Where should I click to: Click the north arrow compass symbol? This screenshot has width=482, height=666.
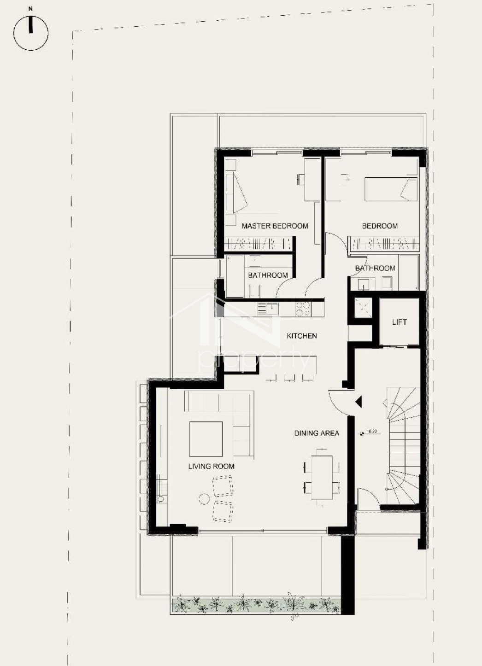31,33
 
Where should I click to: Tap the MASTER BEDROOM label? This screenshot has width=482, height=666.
275,226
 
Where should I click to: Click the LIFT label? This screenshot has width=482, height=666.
400,321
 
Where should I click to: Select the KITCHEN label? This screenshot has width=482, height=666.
302,336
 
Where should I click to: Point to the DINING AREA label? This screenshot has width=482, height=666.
317,433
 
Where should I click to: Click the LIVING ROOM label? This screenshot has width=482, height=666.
211,466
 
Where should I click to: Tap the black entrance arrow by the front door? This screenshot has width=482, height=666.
359,402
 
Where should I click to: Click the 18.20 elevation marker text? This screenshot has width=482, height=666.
372,431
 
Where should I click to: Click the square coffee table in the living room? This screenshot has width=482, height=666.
206,439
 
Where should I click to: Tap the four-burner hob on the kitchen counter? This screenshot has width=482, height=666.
303,309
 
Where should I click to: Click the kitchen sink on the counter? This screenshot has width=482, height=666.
272,309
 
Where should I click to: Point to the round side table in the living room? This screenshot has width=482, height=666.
204,499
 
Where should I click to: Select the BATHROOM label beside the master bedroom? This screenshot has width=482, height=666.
268,275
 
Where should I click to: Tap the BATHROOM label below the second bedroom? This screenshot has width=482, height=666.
375,268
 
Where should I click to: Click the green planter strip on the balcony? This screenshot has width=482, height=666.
256,605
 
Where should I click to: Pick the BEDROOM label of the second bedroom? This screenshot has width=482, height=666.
380,226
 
